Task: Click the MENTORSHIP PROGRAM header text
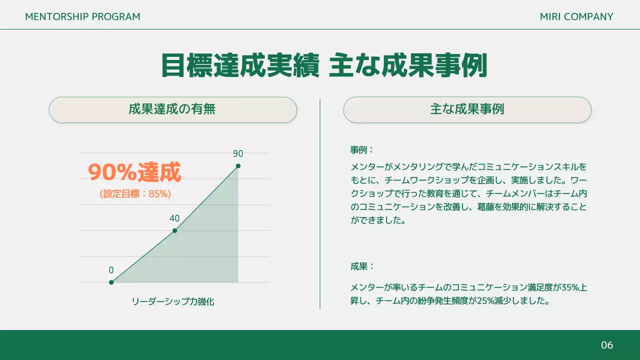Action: pyautogui.click(x=82, y=16)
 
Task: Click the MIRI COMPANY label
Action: pyautogui.click(x=576, y=16)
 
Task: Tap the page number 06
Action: pyautogui.click(x=606, y=345)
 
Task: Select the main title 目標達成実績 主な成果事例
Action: pyautogui.click(x=324, y=65)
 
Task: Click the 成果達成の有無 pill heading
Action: pyautogui.click(x=172, y=109)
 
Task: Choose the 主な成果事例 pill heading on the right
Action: pyautogui.click(x=467, y=109)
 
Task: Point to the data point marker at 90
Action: pyautogui.click(x=238, y=166)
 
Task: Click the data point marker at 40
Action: pyautogui.click(x=174, y=230)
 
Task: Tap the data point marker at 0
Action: pyautogui.click(x=111, y=282)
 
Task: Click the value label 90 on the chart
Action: pyautogui.click(x=238, y=154)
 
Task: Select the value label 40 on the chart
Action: pyautogui.click(x=174, y=218)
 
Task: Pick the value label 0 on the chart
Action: pyautogui.click(x=111, y=270)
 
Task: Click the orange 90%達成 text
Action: pyautogui.click(x=134, y=172)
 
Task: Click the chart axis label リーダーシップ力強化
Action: pyautogui.click(x=173, y=301)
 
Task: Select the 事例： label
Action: pyautogui.click(x=362, y=150)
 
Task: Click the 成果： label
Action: pyautogui.click(x=362, y=266)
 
